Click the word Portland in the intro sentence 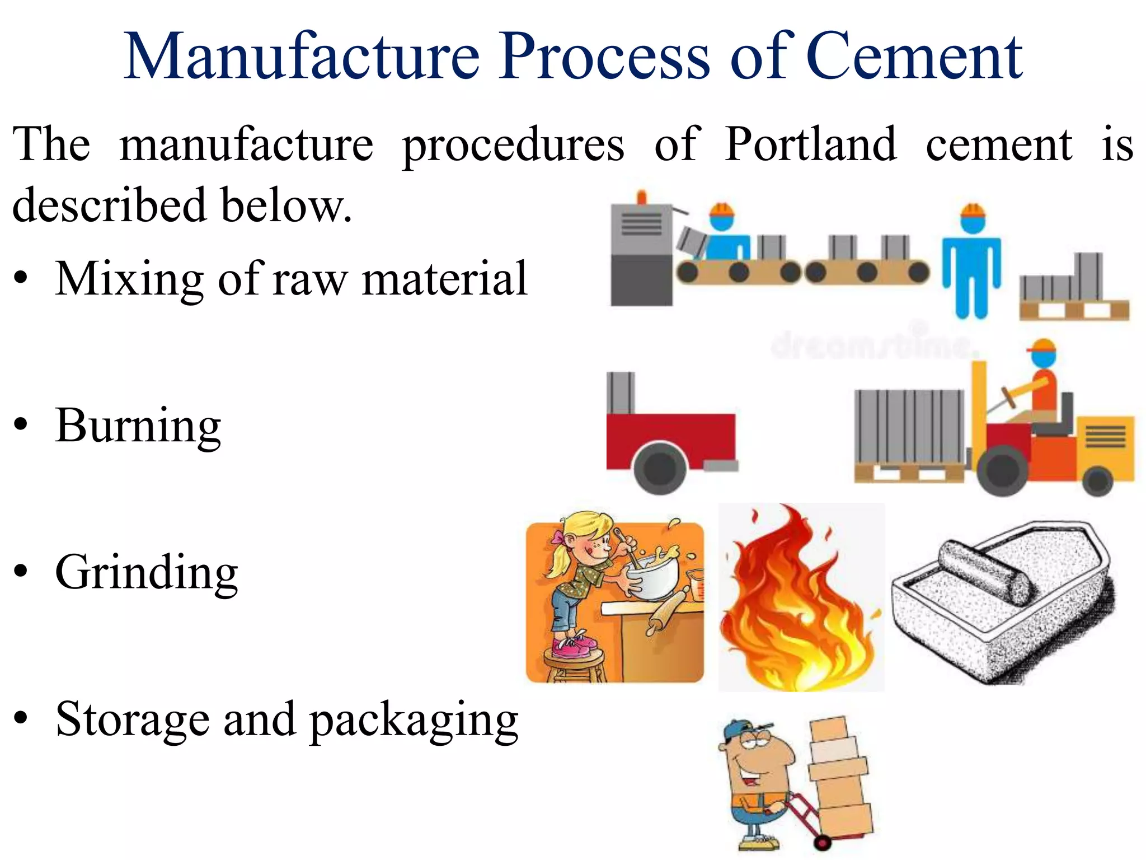(x=810, y=144)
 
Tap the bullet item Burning (x=138, y=426)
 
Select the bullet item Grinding (x=147, y=572)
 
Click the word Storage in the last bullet (x=132, y=719)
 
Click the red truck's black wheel (x=660, y=468)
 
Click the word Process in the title (x=605, y=56)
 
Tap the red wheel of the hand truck (x=822, y=840)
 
